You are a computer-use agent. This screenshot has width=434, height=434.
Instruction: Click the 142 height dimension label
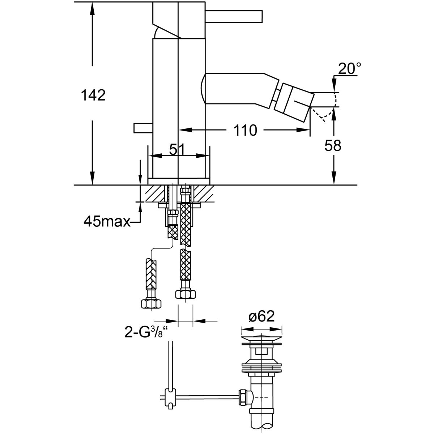[x=93, y=95]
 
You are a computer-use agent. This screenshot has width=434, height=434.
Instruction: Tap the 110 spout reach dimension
[x=245, y=130]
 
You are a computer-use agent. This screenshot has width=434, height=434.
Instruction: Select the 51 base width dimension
[x=177, y=149]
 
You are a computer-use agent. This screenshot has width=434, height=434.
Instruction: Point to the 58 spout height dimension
[x=333, y=145]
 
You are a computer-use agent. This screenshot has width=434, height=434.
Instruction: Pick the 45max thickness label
[x=107, y=222]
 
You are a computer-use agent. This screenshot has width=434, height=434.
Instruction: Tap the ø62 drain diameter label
[x=261, y=317]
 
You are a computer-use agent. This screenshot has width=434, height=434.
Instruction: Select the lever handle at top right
[x=234, y=16]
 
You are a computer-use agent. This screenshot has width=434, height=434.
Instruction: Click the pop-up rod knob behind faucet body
[x=143, y=128]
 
